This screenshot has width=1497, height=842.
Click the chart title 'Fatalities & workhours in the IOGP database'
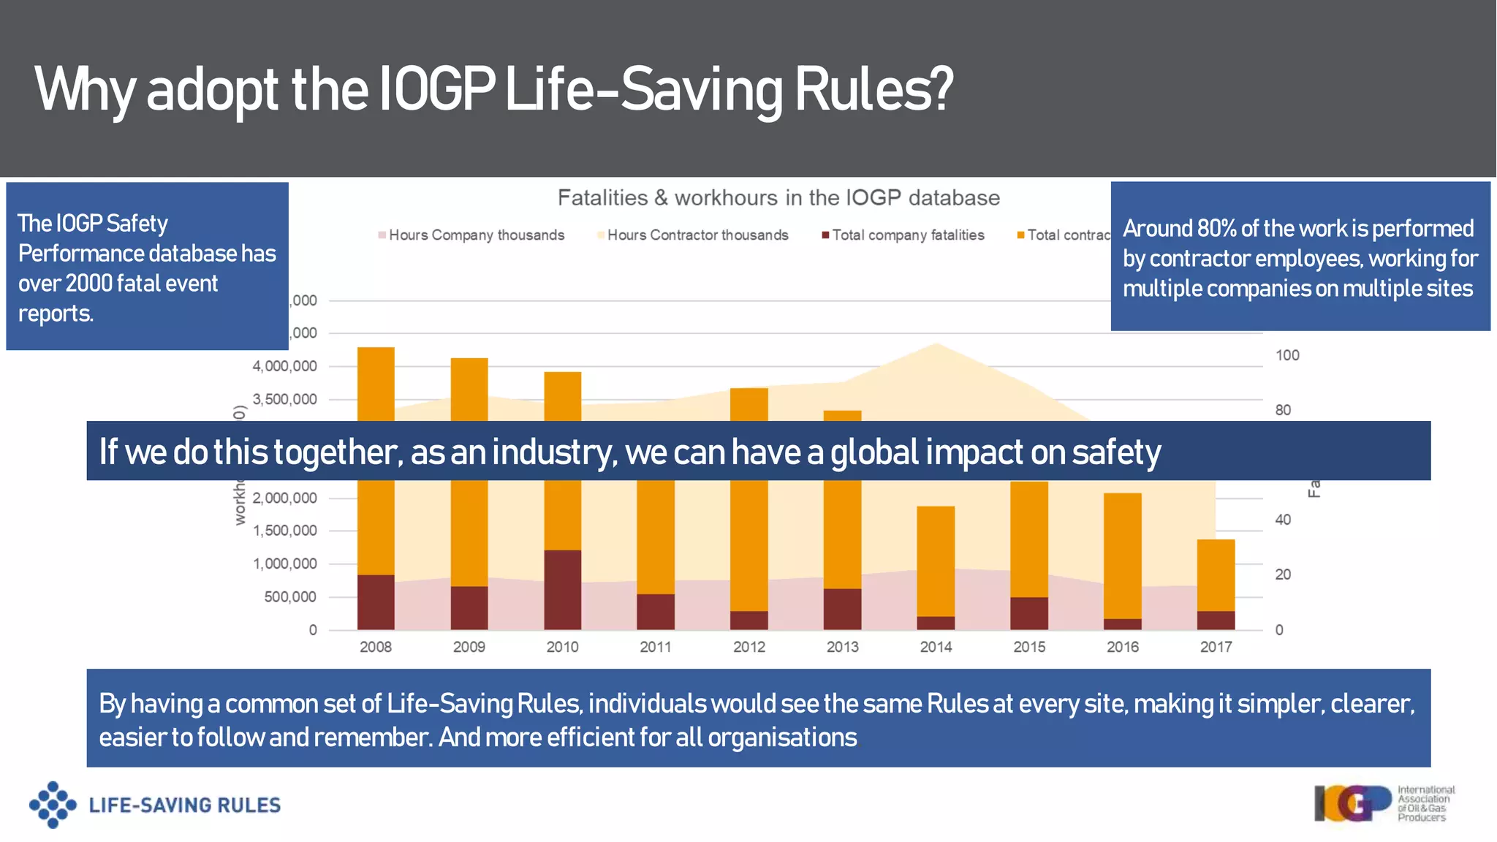[778, 198]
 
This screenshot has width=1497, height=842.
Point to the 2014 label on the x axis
[936, 647]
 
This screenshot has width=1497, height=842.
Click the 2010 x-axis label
[562, 647]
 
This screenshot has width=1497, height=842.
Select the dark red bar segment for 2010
[562, 589]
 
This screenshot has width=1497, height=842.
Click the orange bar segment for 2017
[1216, 574]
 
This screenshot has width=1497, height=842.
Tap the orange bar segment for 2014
[936, 561]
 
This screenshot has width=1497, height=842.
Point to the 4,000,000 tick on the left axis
[284, 366]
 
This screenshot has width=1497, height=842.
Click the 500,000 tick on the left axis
[290, 597]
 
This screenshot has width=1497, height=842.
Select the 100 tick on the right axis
[1287, 355]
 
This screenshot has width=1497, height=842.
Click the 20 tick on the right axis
[1283, 574]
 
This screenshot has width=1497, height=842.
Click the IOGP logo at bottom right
[1352, 803]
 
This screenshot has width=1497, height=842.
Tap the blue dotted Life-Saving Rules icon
[53, 805]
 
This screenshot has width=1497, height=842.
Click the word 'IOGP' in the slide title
[436, 90]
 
